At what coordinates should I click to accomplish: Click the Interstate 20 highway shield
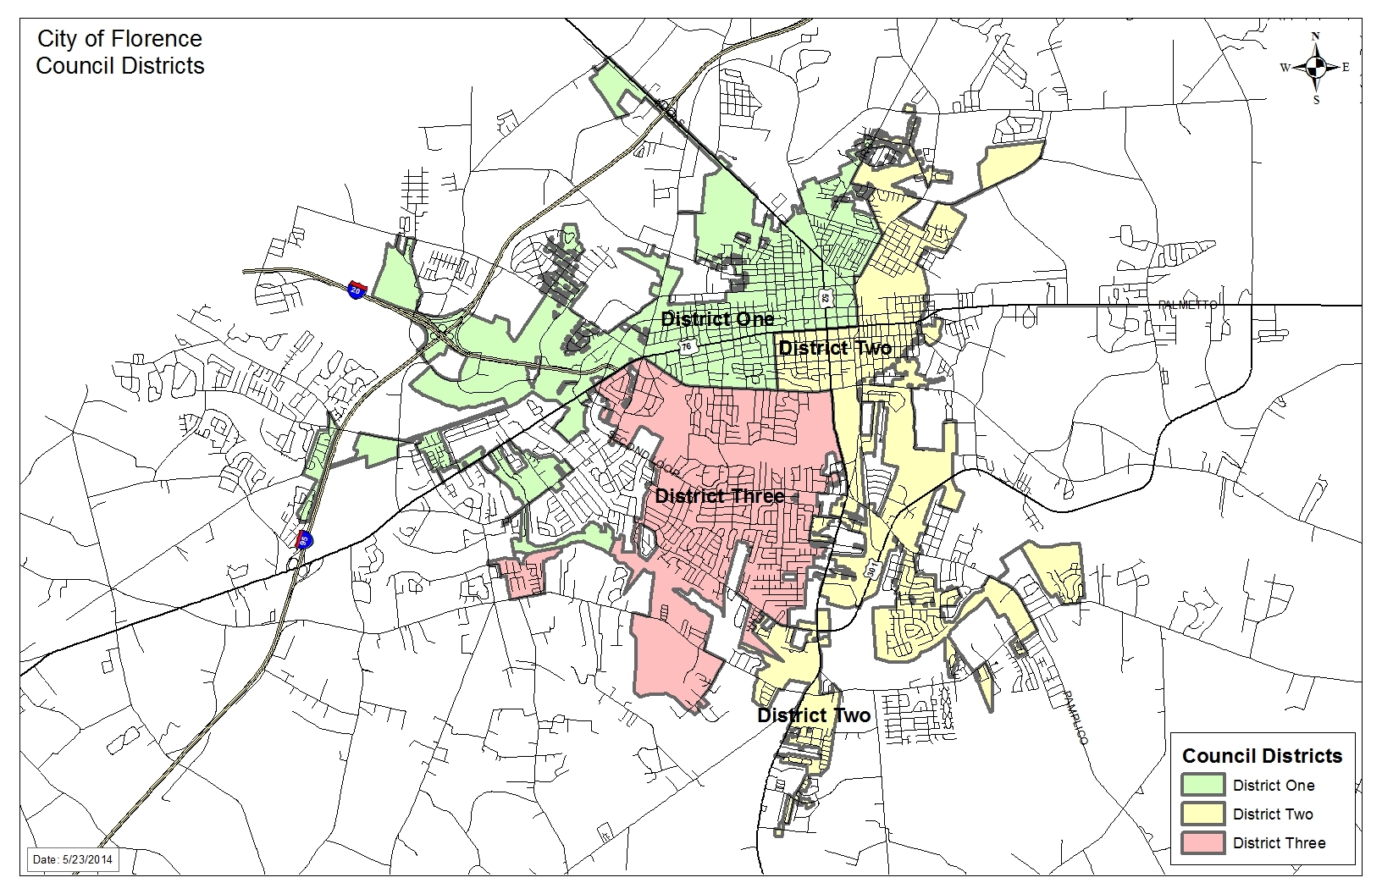coord(357,289)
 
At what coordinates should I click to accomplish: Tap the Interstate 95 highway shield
coord(303,538)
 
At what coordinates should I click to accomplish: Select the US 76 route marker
coord(686,346)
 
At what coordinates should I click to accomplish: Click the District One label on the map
coord(717,319)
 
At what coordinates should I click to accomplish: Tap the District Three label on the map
coord(720,496)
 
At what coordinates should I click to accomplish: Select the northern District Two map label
coord(834,348)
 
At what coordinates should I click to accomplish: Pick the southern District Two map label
coord(813,715)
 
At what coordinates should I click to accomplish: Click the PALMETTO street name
coord(1187,305)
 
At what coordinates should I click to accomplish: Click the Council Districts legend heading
coord(1262,756)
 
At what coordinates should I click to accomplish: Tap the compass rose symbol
coord(1315,68)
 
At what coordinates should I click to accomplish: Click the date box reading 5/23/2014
coord(73,859)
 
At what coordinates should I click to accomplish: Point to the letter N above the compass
coord(1315,36)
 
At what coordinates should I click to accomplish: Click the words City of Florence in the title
coord(119,39)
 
